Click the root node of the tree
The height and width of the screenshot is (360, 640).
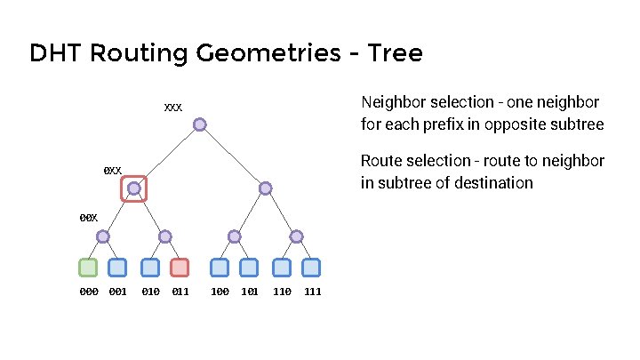tap(200, 124)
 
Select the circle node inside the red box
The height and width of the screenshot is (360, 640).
tap(133, 188)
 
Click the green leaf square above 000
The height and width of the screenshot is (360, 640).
tap(88, 267)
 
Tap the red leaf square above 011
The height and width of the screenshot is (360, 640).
tap(180, 267)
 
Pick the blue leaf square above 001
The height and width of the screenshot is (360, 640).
tap(117, 267)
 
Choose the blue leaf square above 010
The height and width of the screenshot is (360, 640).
tap(150, 267)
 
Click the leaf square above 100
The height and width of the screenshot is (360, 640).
tap(219, 267)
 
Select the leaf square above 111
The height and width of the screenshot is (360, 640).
tap(310, 267)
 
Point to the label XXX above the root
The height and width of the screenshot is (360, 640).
tap(172, 108)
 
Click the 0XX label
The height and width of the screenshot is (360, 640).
tap(112, 170)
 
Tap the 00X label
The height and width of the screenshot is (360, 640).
tap(88, 217)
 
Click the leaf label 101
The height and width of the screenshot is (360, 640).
tap(250, 292)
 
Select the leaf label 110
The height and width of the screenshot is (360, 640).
tap(282, 292)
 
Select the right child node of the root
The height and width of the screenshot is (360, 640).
tap(266, 188)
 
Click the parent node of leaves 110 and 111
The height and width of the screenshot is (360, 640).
tap(296, 236)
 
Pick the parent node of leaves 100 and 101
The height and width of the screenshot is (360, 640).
tap(234, 236)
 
